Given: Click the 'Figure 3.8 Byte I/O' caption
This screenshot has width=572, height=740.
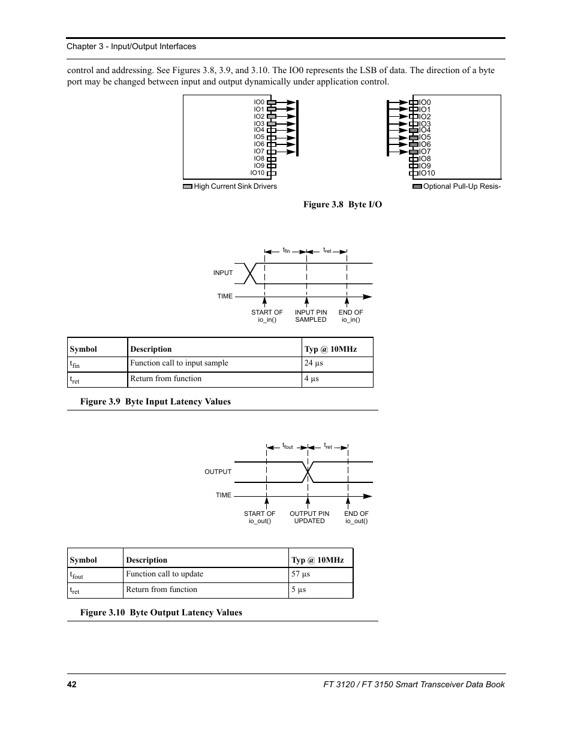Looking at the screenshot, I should [342, 204].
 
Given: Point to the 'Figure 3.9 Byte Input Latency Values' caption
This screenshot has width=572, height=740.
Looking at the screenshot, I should [155, 401].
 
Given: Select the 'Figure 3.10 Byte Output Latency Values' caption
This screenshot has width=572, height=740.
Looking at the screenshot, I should [161, 612].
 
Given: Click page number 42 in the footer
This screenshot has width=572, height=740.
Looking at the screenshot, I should [72, 684].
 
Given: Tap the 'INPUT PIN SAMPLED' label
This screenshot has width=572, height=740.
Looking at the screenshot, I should [311, 316].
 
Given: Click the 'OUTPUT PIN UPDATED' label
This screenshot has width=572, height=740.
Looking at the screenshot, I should [309, 517].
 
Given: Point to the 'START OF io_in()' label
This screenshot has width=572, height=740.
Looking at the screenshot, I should [267, 316].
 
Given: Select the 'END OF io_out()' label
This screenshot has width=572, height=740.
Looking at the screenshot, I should [356, 517].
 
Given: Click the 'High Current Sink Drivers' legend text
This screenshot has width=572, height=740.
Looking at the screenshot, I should [235, 186].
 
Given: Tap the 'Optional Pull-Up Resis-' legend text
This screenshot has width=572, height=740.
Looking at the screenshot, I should [462, 186].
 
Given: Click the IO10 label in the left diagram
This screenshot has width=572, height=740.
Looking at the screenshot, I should [257, 173].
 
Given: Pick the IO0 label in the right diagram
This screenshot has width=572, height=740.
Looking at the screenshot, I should [425, 102].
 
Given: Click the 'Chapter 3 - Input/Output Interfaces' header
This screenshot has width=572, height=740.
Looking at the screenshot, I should [131, 47].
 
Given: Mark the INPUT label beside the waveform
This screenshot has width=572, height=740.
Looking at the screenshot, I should [222, 273].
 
